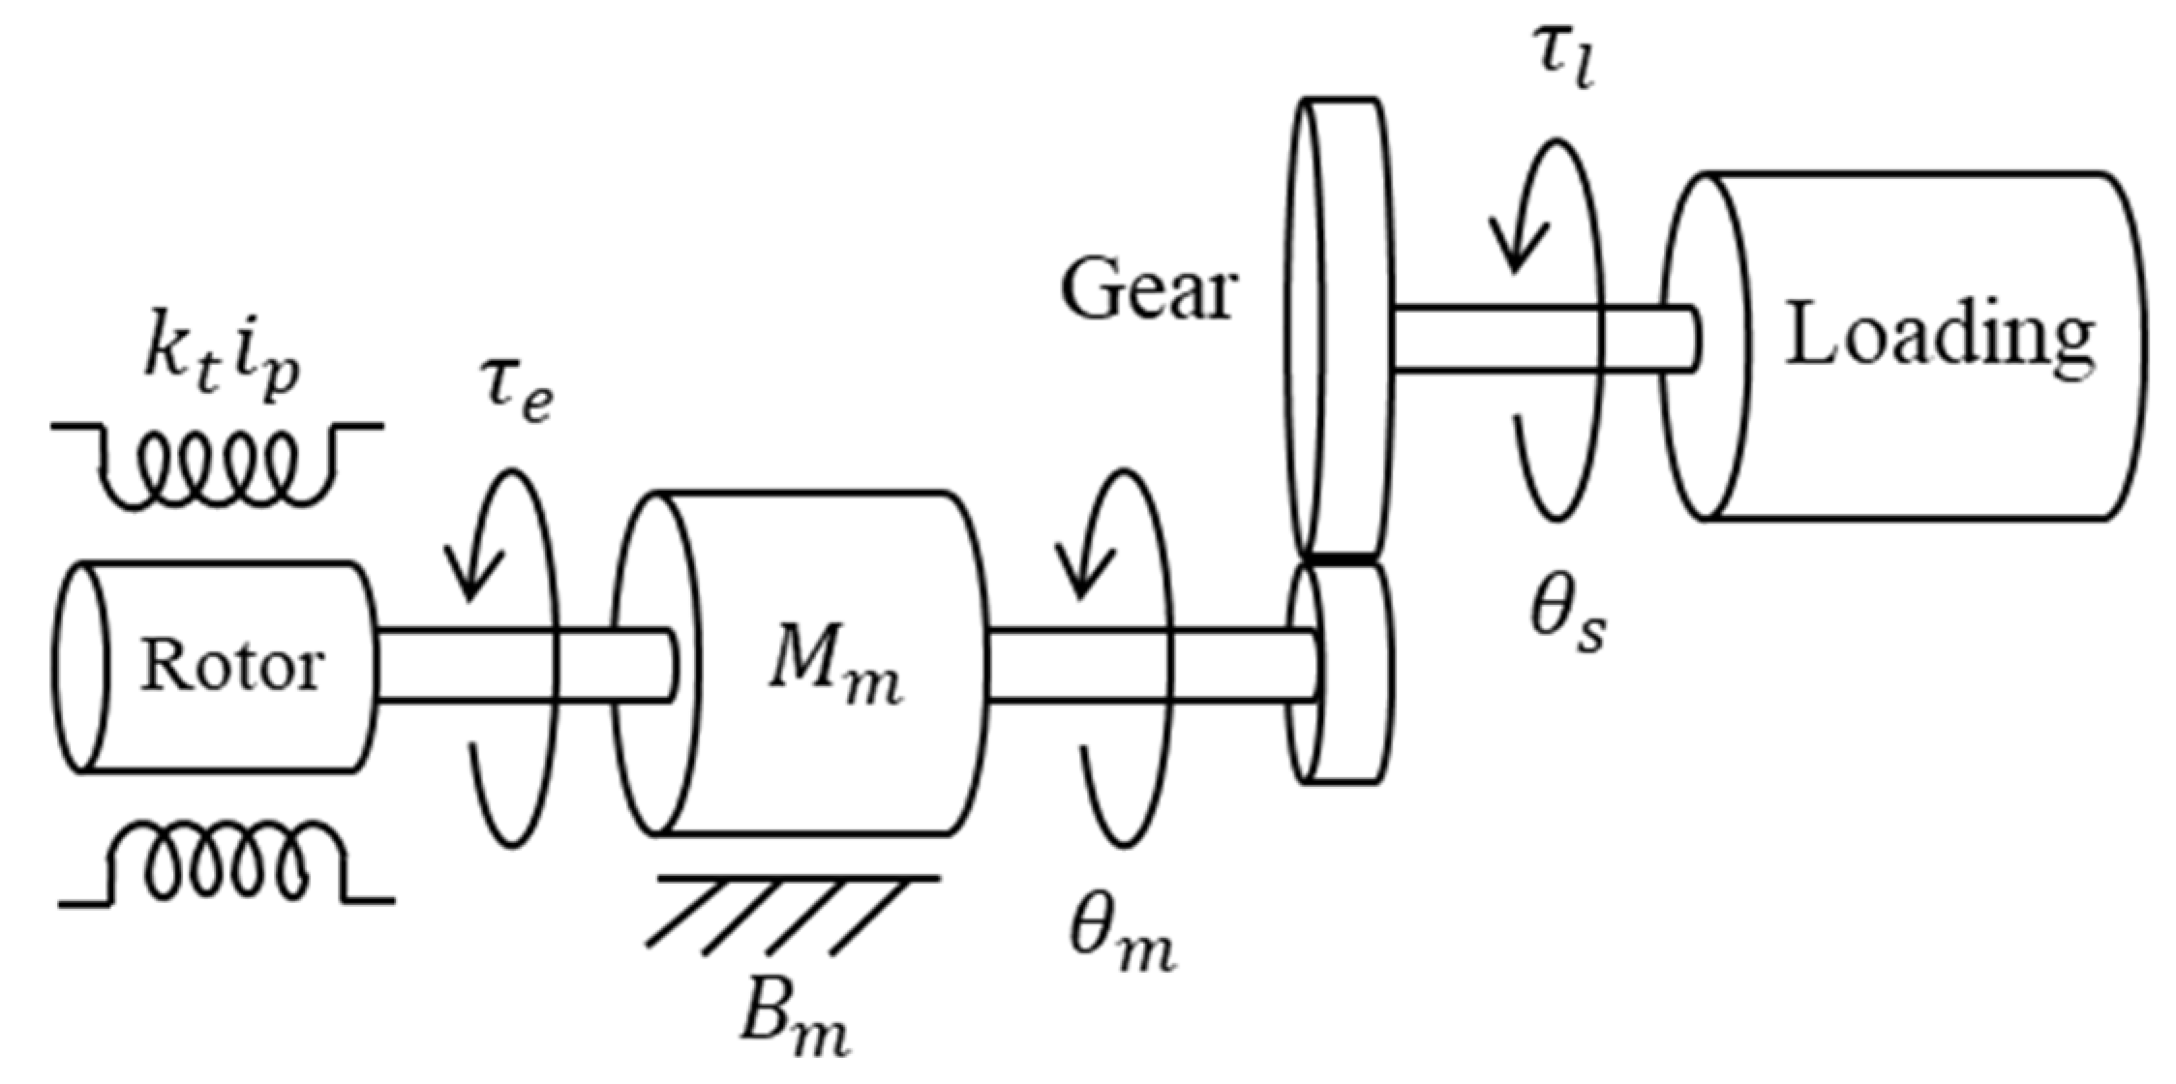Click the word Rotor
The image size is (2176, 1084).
231,667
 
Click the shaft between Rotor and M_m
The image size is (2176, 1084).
523,664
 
